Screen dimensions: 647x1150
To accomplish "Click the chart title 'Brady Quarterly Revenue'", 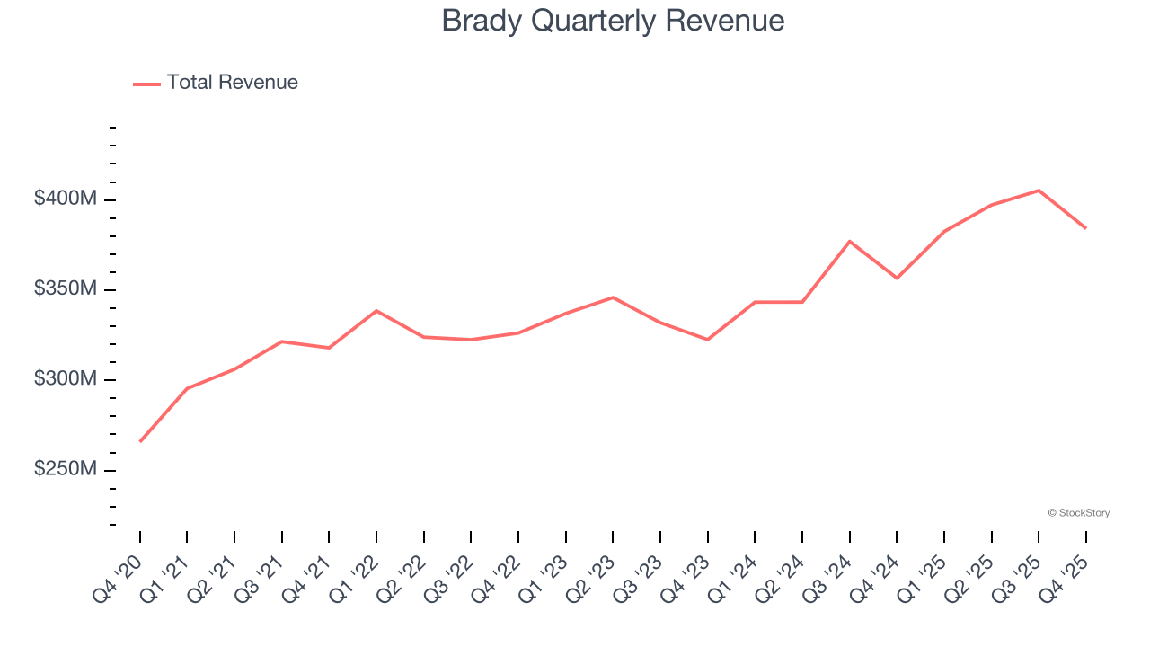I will pos(613,21).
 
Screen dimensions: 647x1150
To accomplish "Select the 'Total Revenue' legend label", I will pos(232,83).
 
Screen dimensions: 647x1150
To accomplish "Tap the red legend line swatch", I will pos(146,84).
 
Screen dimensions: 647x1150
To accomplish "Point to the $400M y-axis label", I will pos(65,199).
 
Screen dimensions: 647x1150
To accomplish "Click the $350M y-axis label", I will pos(65,289).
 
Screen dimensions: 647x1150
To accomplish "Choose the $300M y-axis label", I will pos(65,379).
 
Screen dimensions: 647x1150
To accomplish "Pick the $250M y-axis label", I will pos(65,470).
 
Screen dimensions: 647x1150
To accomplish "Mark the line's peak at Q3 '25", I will pos(1039,191).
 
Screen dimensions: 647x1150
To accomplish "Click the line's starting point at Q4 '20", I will pos(140,441).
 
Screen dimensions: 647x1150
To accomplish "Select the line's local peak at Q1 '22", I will pos(376,311).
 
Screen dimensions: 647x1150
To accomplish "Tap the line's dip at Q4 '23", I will pos(708,340).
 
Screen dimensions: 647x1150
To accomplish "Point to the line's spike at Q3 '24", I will pos(850,241).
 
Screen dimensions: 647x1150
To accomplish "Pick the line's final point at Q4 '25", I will pos(1085,228).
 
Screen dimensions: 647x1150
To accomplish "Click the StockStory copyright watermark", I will pos(1078,513).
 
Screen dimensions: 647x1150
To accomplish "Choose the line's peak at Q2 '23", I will pos(613,297).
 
